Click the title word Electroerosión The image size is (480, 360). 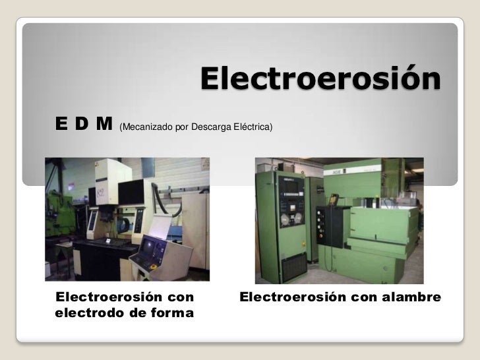point(320,79)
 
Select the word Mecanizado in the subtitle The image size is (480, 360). point(144,125)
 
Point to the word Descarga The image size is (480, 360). point(209,125)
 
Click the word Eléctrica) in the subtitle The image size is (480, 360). point(251,125)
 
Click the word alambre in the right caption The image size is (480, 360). point(410,297)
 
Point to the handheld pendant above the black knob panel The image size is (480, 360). point(334,198)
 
